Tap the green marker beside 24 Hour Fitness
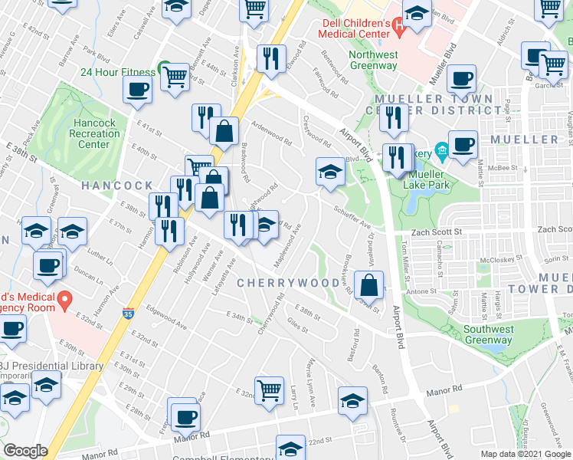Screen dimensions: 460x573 click(163, 67)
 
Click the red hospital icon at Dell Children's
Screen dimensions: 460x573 click(398, 29)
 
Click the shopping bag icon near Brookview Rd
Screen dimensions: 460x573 click(370, 284)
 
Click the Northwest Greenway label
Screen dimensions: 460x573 click(373, 60)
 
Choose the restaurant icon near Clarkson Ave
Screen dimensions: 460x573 click(270, 58)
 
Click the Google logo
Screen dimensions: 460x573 click(26, 451)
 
